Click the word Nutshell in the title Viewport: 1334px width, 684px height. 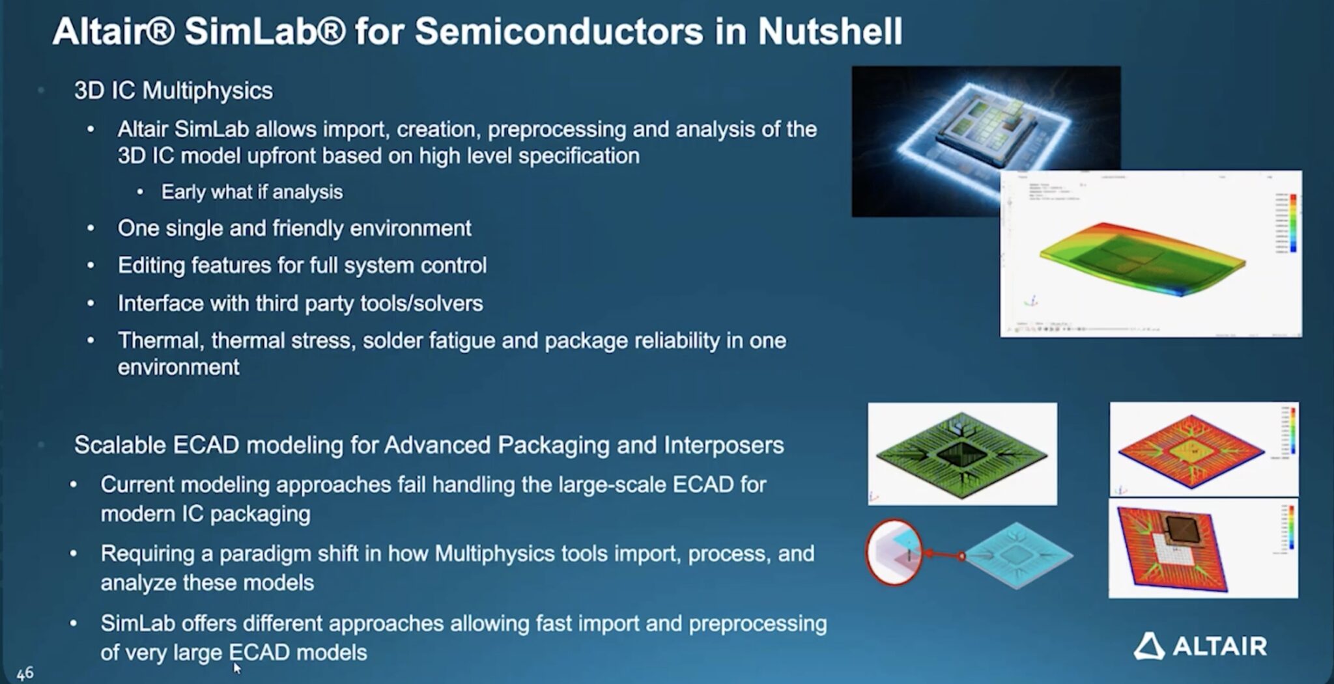pos(830,31)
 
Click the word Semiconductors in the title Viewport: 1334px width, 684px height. pos(559,31)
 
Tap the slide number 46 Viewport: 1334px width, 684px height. pos(25,673)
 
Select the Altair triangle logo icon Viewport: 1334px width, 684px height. pos(1149,646)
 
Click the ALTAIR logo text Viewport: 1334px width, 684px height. pos(1219,646)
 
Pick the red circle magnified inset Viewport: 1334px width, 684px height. pos(894,552)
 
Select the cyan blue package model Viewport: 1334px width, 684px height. pos(1017,554)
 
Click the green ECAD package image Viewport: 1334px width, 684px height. pos(961,454)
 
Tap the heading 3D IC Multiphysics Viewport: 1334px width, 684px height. pos(173,90)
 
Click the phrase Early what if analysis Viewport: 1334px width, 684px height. pos(251,192)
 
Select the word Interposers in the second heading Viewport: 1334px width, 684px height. pos(724,445)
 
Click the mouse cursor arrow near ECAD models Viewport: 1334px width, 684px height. pos(236,668)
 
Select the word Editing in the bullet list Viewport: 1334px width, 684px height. pos(151,266)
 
